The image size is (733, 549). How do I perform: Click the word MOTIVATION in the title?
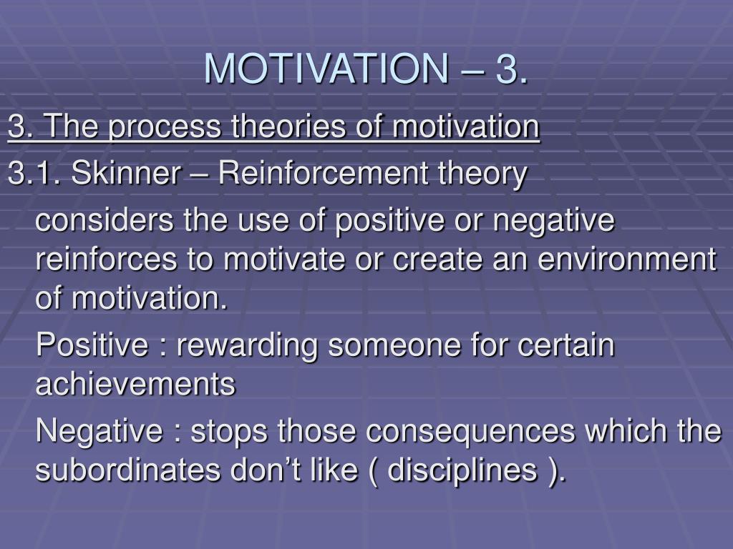coord(326,69)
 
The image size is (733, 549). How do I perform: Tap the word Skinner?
coord(126,173)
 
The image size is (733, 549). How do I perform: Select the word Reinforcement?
coord(324,173)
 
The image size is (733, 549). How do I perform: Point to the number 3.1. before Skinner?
coord(34,173)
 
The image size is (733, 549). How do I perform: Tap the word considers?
coord(105,220)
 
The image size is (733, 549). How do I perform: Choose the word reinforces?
coord(107,259)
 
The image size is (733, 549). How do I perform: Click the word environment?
coord(627,259)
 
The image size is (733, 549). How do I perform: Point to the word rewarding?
coord(246,346)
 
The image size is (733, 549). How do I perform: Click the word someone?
coord(394,346)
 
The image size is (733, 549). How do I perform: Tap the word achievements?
coord(135,385)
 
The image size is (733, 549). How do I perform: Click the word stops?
coord(229,431)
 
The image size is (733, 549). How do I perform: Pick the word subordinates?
coord(128,470)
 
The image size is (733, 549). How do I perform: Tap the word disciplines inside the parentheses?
coord(462,470)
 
